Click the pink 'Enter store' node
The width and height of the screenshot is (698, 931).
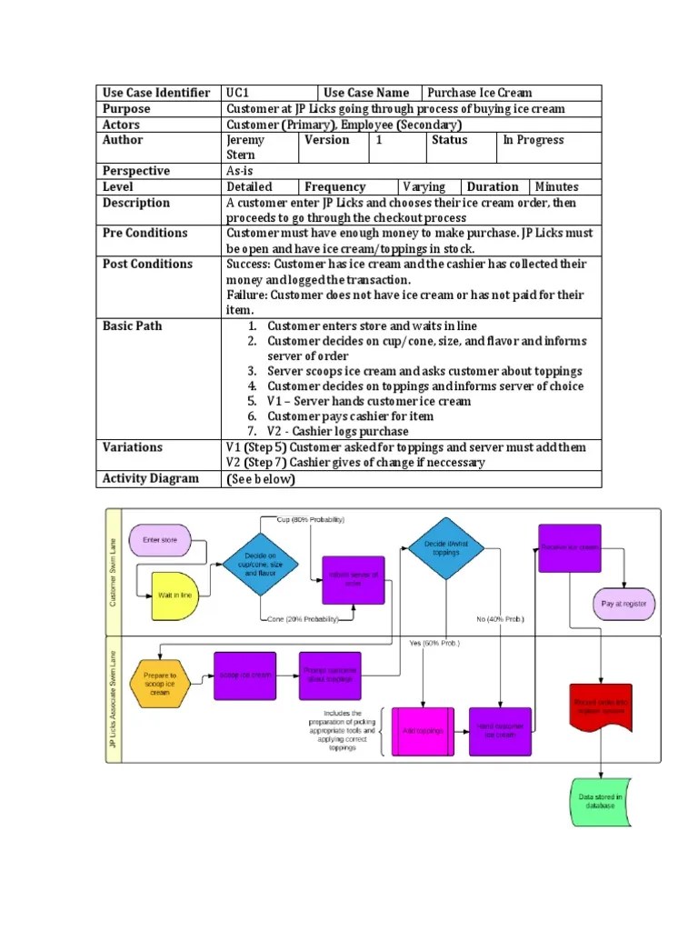(x=160, y=540)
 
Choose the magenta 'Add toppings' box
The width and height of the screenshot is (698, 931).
(x=423, y=730)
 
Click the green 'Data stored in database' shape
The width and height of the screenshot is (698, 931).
(x=601, y=801)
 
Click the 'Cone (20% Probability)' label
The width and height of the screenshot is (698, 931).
(x=302, y=619)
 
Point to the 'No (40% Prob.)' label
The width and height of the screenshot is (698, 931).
(x=500, y=619)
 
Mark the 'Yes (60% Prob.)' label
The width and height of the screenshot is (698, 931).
(x=434, y=644)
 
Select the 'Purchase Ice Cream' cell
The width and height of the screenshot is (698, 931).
(x=480, y=93)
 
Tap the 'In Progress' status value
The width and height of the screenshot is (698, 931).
(x=533, y=140)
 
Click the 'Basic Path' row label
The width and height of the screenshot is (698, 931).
(x=133, y=325)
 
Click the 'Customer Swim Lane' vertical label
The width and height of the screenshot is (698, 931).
(x=114, y=571)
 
